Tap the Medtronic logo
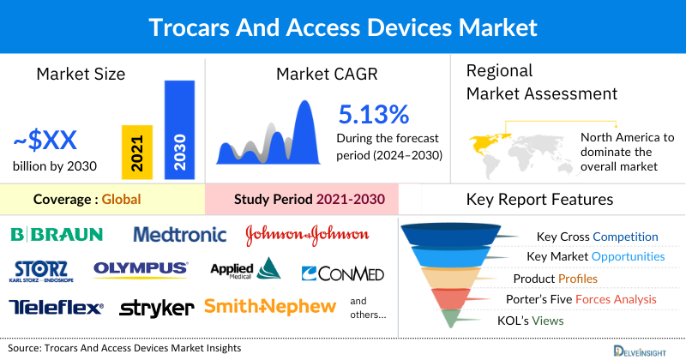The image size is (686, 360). pos(180,234)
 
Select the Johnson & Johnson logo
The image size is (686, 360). pos(307,234)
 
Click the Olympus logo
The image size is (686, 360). pos(141,269)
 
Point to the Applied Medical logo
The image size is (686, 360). pos(245,270)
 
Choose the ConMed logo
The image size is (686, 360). pos(343,273)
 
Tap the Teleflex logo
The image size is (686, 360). pos(56,306)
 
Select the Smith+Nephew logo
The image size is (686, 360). pos(269,306)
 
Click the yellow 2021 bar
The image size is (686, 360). pos(137,151)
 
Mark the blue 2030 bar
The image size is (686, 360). pos(179,129)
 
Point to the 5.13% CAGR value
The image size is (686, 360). pos(373,114)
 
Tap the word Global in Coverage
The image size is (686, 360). pos(121,200)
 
